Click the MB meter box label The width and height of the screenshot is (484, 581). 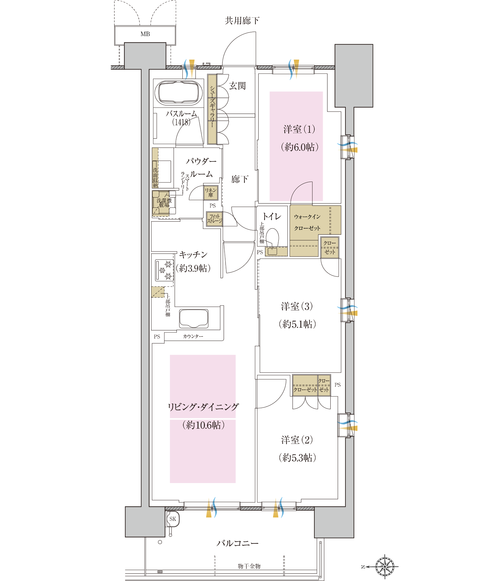pyautogui.click(x=145, y=34)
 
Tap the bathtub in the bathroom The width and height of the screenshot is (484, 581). pyautogui.click(x=179, y=92)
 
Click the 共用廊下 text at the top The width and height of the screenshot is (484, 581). pyautogui.click(x=242, y=21)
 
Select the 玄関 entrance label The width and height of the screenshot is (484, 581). pyautogui.click(x=237, y=86)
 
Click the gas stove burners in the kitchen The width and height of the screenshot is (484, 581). pyautogui.click(x=164, y=270)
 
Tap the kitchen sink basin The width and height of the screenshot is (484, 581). pyautogui.click(x=194, y=318)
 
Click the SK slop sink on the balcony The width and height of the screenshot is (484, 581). pyautogui.click(x=173, y=519)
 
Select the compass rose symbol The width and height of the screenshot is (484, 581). pyautogui.click(x=385, y=566)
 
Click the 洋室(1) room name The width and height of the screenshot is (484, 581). pyautogui.click(x=300, y=129)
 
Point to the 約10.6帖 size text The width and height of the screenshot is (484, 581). pyautogui.click(x=203, y=425)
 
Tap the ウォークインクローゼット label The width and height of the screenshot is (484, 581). pyautogui.click(x=307, y=222)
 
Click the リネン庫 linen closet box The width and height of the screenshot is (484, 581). pyautogui.click(x=211, y=193)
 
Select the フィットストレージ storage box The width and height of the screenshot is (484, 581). pyautogui.click(x=214, y=219)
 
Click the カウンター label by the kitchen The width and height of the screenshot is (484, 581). pyautogui.click(x=193, y=336)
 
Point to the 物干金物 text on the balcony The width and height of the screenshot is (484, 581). pyautogui.click(x=249, y=566)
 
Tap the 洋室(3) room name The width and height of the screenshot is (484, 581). pyautogui.click(x=297, y=306)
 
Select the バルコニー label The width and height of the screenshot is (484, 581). pyautogui.click(x=237, y=543)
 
